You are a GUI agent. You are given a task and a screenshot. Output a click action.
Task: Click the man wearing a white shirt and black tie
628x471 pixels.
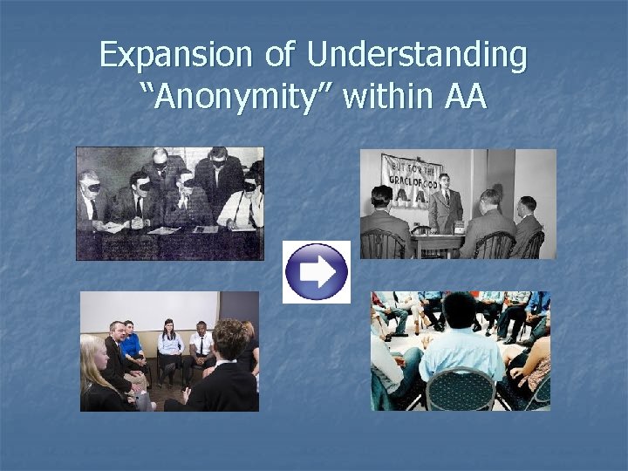point(201,346)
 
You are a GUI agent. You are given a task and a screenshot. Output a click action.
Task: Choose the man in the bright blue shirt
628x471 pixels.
point(132,346)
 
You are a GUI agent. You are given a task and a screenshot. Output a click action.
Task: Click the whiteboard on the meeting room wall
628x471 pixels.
point(148,310)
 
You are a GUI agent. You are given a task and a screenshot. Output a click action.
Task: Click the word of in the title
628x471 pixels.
point(280,55)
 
